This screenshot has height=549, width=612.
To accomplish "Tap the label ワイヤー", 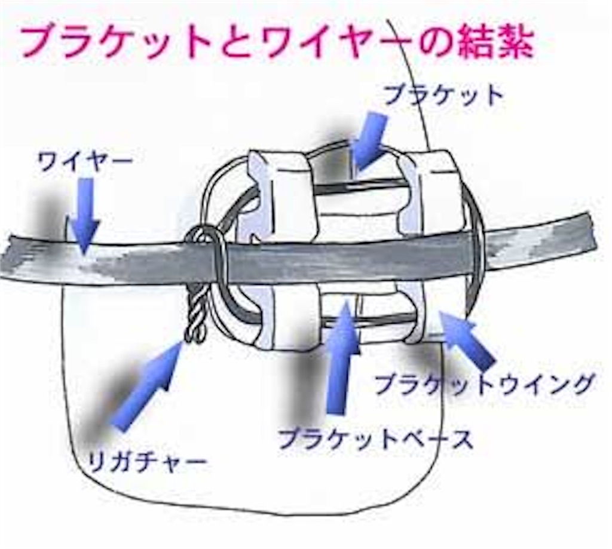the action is coord(85,162).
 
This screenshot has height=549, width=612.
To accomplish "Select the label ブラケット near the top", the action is coord(443,96).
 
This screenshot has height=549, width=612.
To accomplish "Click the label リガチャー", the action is coord(147,462).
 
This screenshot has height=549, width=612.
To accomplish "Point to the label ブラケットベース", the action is coord(375,438).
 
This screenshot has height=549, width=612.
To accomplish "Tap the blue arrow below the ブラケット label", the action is coord(370,141).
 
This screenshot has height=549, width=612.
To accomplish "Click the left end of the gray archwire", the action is coord(8,257).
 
